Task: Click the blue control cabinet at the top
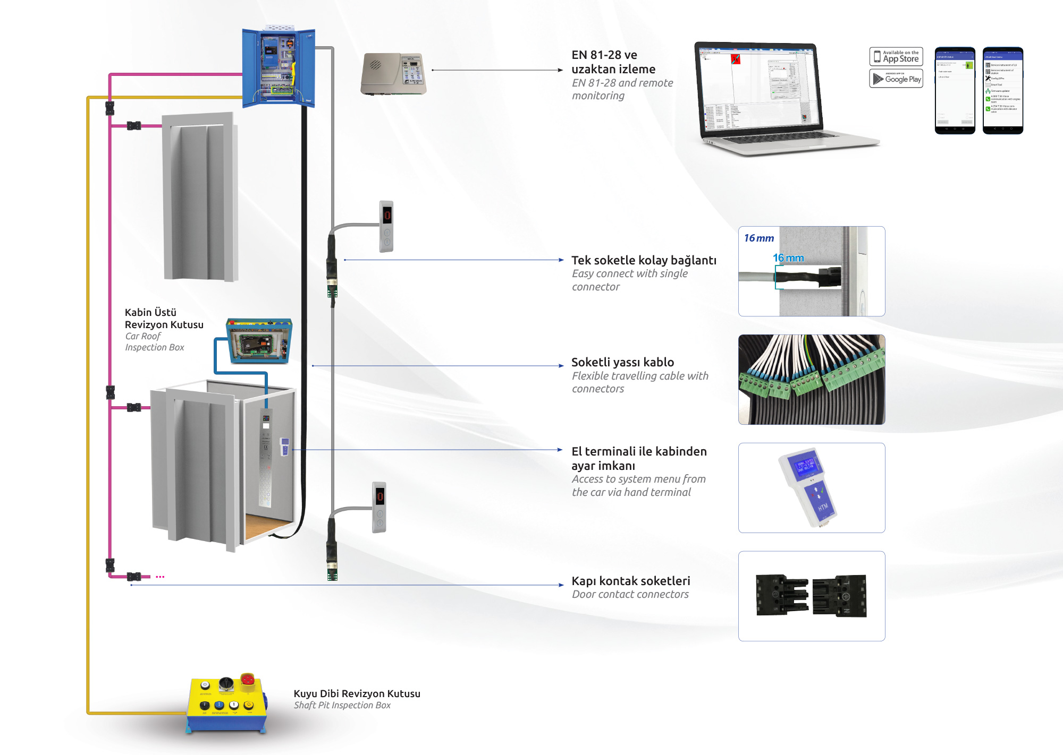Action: [278, 67]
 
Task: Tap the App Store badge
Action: [896, 56]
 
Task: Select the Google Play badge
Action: [896, 79]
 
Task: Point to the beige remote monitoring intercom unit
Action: [393, 74]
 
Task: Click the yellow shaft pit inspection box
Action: [226, 703]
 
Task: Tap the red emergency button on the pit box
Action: [247, 680]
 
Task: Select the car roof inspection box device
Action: [259, 341]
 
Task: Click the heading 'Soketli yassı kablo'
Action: [622, 362]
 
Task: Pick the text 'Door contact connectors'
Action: [630, 595]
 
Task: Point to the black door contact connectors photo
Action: [811, 596]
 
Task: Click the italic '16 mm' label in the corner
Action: [758, 238]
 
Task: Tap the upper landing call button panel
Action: [386, 226]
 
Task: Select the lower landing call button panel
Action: [379, 507]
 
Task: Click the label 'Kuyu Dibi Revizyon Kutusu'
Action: [357, 693]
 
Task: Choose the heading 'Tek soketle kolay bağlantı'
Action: [644, 260]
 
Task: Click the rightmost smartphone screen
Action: [1002, 90]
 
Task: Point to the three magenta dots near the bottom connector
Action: [160, 577]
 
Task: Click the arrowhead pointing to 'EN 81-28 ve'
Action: [560, 70]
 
